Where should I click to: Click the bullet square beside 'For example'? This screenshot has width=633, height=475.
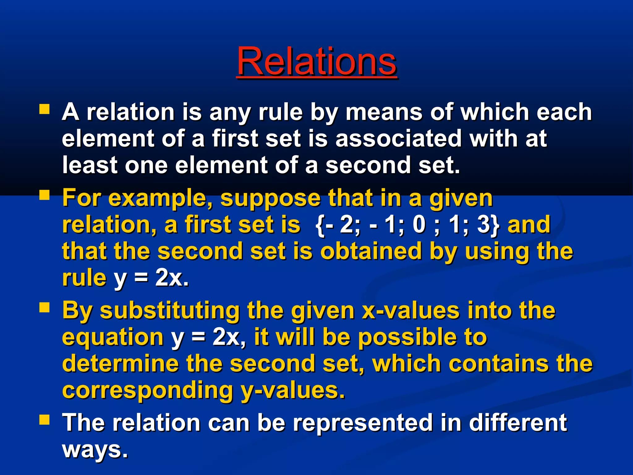point(45,195)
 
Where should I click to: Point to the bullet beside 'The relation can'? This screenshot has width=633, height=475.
point(45,420)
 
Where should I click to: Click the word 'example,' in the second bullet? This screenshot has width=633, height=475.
point(160,199)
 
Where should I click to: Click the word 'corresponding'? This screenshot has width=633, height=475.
point(147,391)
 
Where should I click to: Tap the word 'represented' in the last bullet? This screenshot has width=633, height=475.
point(363,423)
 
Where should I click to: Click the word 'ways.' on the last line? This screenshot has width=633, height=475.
point(95,450)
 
